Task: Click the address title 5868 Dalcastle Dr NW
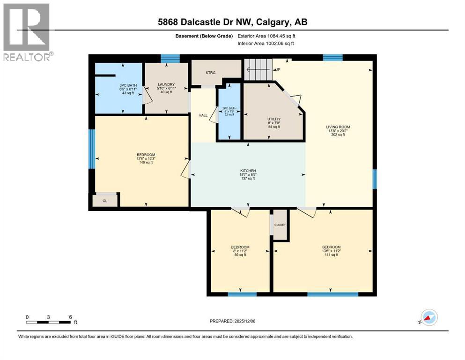pyautogui.click(x=232, y=22)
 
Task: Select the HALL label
pyautogui.click(x=203, y=115)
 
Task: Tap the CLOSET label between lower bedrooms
pyautogui.click(x=280, y=225)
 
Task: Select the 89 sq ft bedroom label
pyautogui.click(x=240, y=251)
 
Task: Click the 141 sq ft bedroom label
pyautogui.click(x=331, y=251)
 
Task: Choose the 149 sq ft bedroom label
pyautogui.click(x=146, y=158)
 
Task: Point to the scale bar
pyautogui.click(x=49, y=322)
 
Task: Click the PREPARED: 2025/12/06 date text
pyautogui.click(x=232, y=321)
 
